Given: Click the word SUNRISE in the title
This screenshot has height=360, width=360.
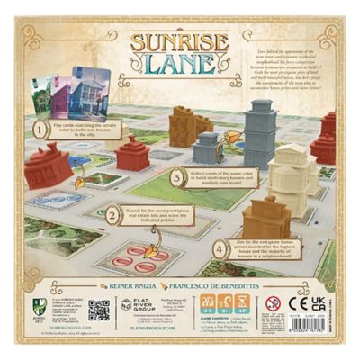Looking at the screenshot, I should pyautogui.click(x=179, y=40).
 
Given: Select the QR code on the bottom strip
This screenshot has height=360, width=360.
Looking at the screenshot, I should pyautogui.click(x=99, y=310).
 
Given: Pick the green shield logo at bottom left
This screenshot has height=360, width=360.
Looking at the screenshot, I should pyautogui.click(x=36, y=309).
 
